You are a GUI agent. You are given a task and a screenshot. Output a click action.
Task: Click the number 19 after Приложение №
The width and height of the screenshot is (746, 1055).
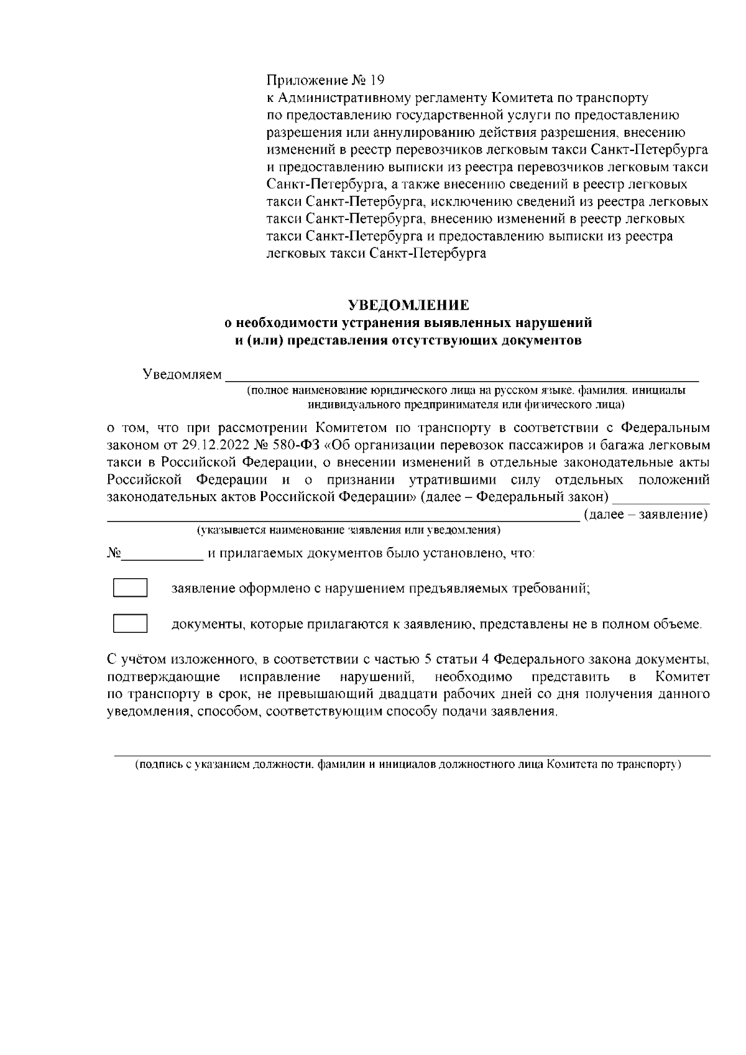coord(377,80)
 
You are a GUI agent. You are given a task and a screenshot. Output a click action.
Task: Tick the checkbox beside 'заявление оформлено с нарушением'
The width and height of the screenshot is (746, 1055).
coord(130,588)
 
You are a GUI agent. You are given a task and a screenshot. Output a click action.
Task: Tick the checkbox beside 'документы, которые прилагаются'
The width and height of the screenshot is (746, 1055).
coord(130,624)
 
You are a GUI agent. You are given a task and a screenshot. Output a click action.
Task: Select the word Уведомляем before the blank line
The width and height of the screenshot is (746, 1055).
coord(182,375)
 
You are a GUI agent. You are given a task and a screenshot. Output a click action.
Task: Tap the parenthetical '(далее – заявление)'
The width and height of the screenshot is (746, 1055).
coord(646,515)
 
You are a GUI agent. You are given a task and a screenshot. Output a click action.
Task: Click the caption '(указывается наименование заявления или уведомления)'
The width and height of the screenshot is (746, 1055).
coord(349,530)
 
